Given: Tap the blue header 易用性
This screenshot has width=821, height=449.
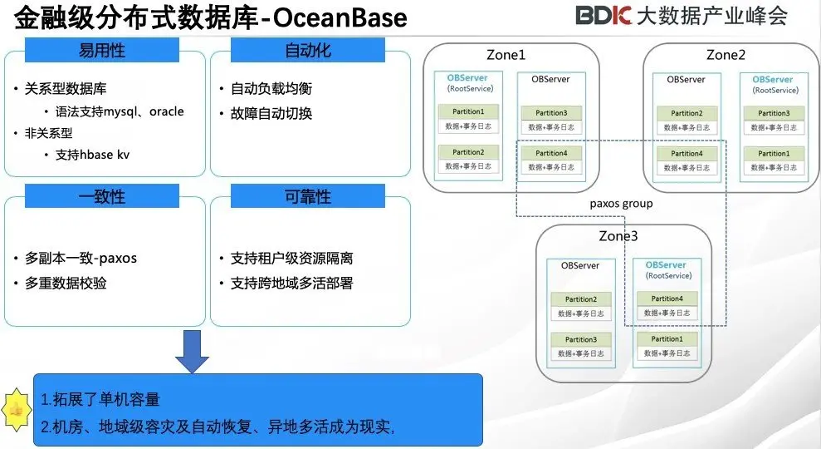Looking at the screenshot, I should pyautogui.click(x=102, y=51).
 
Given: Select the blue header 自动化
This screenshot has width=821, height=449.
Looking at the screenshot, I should pyautogui.click(x=308, y=51).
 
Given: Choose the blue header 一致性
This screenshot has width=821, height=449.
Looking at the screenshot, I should pyautogui.click(x=102, y=196).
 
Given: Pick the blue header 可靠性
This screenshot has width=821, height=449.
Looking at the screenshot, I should pyautogui.click(x=308, y=196).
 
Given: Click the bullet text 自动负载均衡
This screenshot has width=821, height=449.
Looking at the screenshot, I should pyautogui.click(x=271, y=88).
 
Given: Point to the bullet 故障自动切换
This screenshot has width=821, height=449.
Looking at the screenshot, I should pyautogui.click(x=271, y=113).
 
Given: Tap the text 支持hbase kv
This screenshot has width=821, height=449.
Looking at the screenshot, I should pyautogui.click(x=93, y=155).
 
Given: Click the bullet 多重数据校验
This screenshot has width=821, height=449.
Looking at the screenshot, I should pyautogui.click(x=65, y=284).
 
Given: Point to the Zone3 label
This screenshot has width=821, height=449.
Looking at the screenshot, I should pyautogui.click(x=618, y=236).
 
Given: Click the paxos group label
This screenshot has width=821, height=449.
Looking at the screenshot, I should pyautogui.click(x=621, y=204).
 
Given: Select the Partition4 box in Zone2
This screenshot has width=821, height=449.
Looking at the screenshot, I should pyautogui.click(x=687, y=153).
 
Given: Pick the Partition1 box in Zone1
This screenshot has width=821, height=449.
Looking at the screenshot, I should pyautogui.click(x=468, y=111).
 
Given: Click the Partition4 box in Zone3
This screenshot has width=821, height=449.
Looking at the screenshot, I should pyautogui.click(x=667, y=299).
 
